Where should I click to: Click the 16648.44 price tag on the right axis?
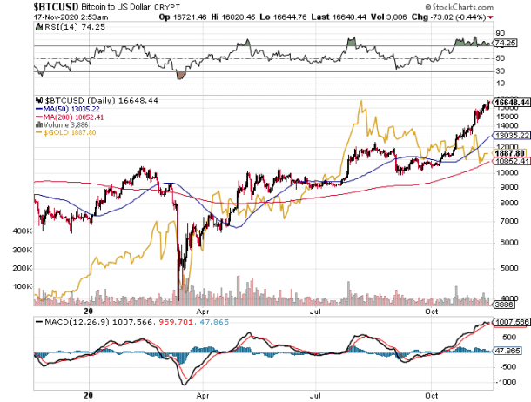click(510, 102)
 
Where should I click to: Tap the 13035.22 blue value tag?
click(510, 136)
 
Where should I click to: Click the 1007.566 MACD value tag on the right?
click(510, 322)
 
